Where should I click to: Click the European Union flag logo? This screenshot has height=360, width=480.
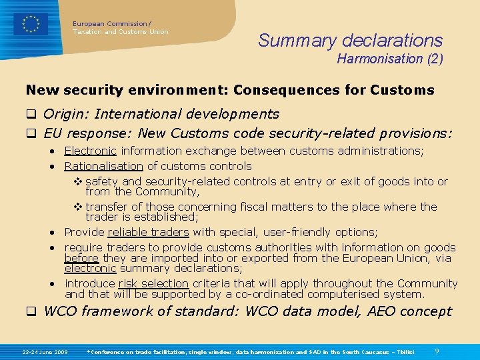[x=31, y=24]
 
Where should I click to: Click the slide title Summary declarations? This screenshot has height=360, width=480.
[x=350, y=41]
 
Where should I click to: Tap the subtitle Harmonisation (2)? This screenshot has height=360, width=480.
[x=389, y=59]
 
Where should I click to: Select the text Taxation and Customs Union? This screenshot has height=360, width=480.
[x=121, y=32]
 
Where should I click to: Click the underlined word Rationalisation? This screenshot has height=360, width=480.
[x=103, y=166]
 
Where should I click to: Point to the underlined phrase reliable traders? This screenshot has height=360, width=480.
[x=148, y=232]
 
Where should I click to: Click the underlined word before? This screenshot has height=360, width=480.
[x=81, y=258]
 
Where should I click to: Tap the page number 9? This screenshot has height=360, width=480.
[x=436, y=351]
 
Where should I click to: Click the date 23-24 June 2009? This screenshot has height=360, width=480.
[x=45, y=351]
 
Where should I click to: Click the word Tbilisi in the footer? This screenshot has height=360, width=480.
[x=404, y=351]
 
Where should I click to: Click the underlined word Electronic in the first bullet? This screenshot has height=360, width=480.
[x=90, y=151]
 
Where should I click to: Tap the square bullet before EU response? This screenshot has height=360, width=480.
[x=30, y=134]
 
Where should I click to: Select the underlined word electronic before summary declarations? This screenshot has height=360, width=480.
[x=90, y=269]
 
